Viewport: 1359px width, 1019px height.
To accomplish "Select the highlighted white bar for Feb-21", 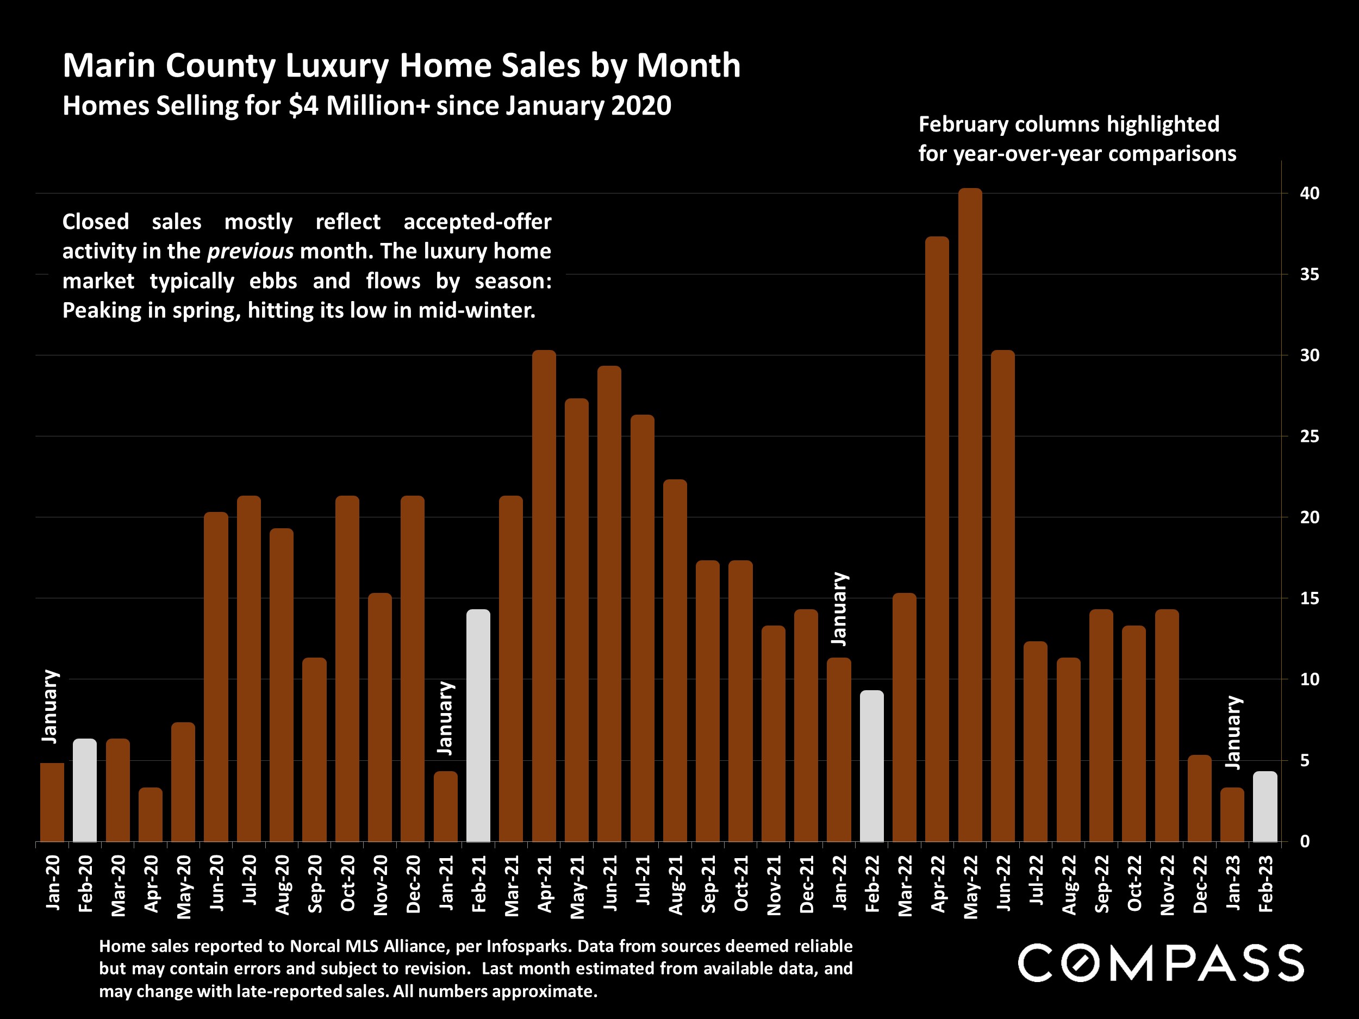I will [478, 726].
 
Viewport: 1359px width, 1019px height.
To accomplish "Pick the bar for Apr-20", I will [151, 815].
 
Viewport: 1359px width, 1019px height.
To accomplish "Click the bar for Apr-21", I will [544, 596].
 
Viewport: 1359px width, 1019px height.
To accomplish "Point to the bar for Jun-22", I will [1002, 596].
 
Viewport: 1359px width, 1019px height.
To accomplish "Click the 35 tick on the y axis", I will [1309, 274].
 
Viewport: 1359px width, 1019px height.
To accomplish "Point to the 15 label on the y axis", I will [1309, 598].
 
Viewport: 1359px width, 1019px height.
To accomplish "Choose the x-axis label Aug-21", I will [676, 884].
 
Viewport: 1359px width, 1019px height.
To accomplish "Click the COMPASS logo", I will [1161, 963].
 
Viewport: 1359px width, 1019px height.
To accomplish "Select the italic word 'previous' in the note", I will [250, 251].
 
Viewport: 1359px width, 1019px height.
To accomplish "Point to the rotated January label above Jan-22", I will [840, 609].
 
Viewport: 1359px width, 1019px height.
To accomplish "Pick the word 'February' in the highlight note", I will [963, 124].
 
